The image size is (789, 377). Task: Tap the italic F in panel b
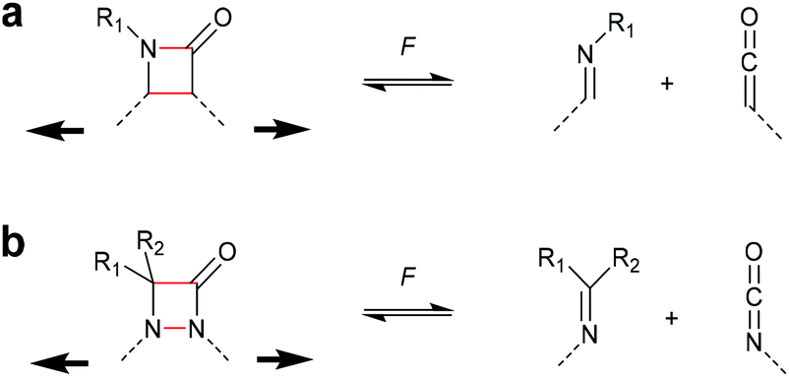pyautogui.click(x=406, y=277)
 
